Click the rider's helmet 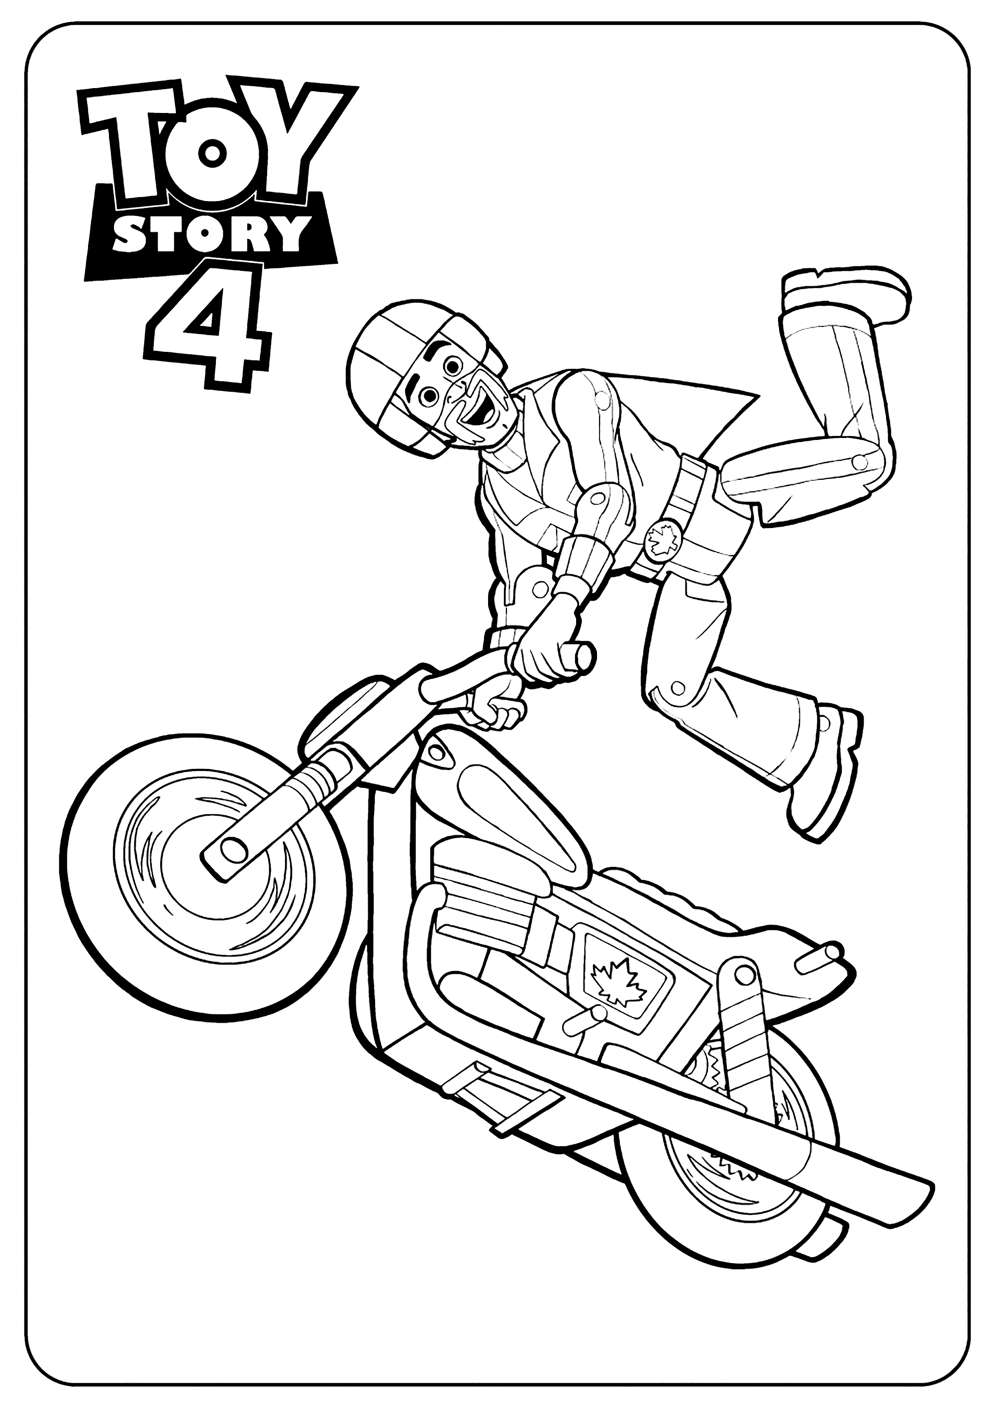pyautogui.click(x=393, y=343)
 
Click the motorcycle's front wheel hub pyautogui.click(x=232, y=850)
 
